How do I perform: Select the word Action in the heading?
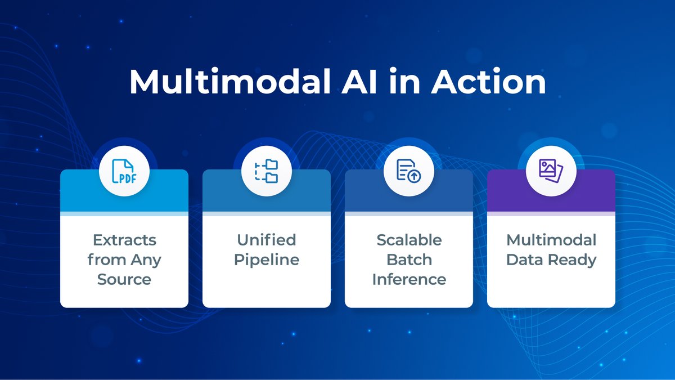pos(489,82)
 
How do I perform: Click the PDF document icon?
pos(124,169)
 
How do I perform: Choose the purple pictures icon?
pos(551,169)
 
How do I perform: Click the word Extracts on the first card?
pos(124,240)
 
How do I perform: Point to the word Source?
pos(124,279)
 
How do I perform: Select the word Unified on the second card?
pos(267,240)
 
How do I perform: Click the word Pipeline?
pos(267,260)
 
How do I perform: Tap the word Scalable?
pos(409,240)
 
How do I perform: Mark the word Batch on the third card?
pos(409,260)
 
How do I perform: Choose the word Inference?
pos(409,279)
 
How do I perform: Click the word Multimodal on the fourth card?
pos(551,240)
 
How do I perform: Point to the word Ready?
pos(574,260)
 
